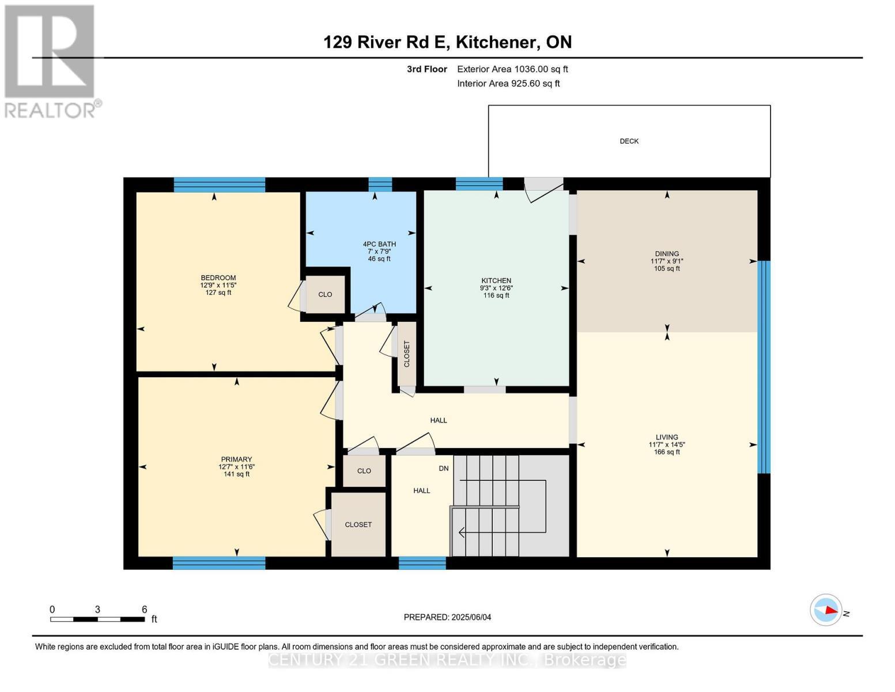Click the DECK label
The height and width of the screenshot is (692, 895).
pyautogui.click(x=629, y=141)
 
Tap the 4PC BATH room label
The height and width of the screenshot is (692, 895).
pyautogui.click(x=379, y=244)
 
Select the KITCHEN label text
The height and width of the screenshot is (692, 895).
pyautogui.click(x=496, y=281)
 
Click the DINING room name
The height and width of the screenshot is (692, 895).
pyautogui.click(x=667, y=254)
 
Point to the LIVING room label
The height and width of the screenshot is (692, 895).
pyautogui.click(x=667, y=437)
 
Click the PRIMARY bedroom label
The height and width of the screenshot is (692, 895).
pyautogui.click(x=236, y=460)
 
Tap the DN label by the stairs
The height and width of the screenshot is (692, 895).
pyautogui.click(x=443, y=468)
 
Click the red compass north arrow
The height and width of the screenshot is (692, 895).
pyautogui.click(x=830, y=610)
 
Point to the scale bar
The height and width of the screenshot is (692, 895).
pyautogui.click(x=97, y=619)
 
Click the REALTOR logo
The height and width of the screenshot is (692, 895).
pyautogui.click(x=51, y=61)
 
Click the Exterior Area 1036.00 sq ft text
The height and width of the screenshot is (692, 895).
pyautogui.click(x=512, y=69)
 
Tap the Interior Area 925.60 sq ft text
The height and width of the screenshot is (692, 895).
pyautogui.click(x=508, y=84)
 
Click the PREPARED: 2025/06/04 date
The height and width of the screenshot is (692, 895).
pyautogui.click(x=447, y=617)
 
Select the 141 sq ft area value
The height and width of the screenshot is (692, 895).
pyautogui.click(x=236, y=474)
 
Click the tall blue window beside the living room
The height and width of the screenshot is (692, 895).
pyautogui.click(x=764, y=367)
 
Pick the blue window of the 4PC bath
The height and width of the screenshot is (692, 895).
pyautogui.click(x=380, y=184)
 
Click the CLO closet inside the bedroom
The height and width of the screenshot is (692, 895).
pyautogui.click(x=325, y=294)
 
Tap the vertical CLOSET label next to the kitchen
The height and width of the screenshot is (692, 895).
pyautogui.click(x=407, y=353)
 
